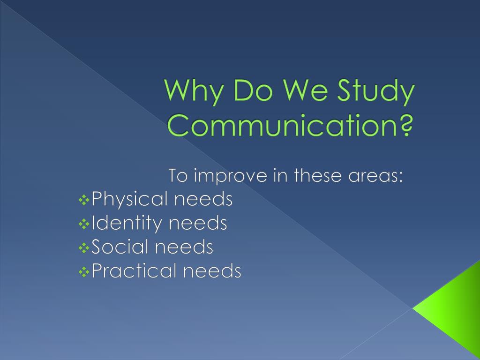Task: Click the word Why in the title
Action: click(192, 92)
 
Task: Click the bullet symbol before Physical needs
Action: click(84, 201)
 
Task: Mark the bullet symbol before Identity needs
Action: click(84, 225)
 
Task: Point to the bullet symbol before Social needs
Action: click(84, 248)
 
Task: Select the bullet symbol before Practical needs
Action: click(84, 272)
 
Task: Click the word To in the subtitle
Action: click(178, 176)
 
